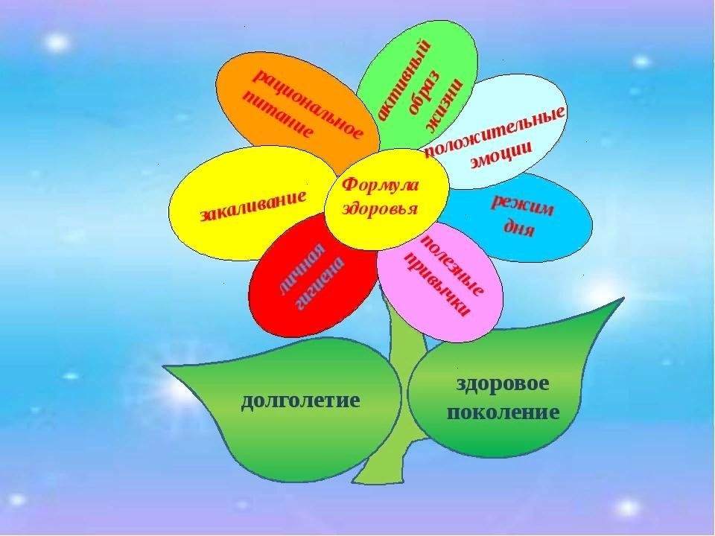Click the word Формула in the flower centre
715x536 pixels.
pyautogui.click(x=380, y=185)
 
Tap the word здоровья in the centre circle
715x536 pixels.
pyautogui.click(x=379, y=208)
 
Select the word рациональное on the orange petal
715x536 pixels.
pyautogui.click(x=308, y=104)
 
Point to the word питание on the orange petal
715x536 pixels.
pyautogui.click(x=278, y=113)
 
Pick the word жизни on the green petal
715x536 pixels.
pyautogui.click(x=444, y=104)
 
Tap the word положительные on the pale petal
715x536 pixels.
pyautogui.click(x=495, y=131)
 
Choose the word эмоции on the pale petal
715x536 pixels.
pyautogui.click(x=500, y=156)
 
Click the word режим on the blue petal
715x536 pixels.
pyautogui.click(x=523, y=205)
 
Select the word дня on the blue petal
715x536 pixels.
pyautogui.click(x=518, y=226)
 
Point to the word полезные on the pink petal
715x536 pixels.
pyautogui.click(x=451, y=265)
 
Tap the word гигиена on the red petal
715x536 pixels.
pyautogui.click(x=320, y=284)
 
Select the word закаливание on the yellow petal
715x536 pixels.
pyautogui.click(x=253, y=206)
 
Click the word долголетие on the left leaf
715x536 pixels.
pyautogui.click(x=300, y=401)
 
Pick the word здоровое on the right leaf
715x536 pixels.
pyautogui.click(x=503, y=384)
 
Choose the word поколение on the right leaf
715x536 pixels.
pyautogui.click(x=503, y=412)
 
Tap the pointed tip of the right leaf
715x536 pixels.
pyautogui.click(x=623, y=298)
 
